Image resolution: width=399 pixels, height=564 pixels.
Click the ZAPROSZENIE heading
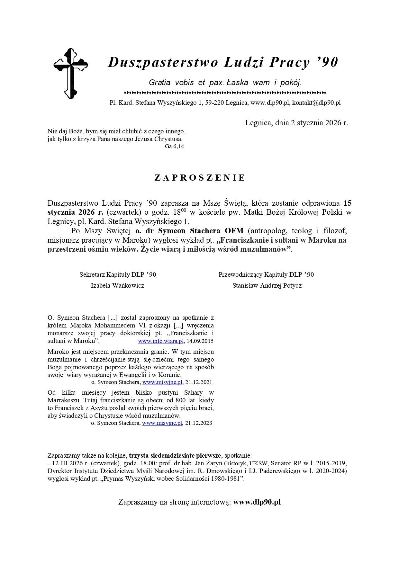click(200, 178)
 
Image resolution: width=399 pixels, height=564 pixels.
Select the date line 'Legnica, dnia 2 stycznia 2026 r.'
click(296, 123)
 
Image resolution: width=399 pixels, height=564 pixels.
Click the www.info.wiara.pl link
click(160, 341)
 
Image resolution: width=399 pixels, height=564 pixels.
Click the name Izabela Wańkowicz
click(117, 285)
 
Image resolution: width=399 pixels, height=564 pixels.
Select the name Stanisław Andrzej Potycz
click(267, 285)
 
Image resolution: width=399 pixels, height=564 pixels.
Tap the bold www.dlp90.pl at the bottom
click(257, 502)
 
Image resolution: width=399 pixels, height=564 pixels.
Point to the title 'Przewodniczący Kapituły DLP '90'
click(266, 274)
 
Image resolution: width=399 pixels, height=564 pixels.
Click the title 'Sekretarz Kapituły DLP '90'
click(118, 274)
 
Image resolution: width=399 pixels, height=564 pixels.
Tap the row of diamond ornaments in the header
click(225, 93)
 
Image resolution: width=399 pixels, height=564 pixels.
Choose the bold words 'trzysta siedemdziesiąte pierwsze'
click(175, 455)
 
